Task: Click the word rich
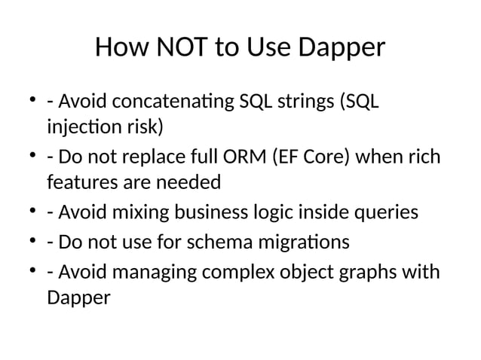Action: click(x=424, y=159)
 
